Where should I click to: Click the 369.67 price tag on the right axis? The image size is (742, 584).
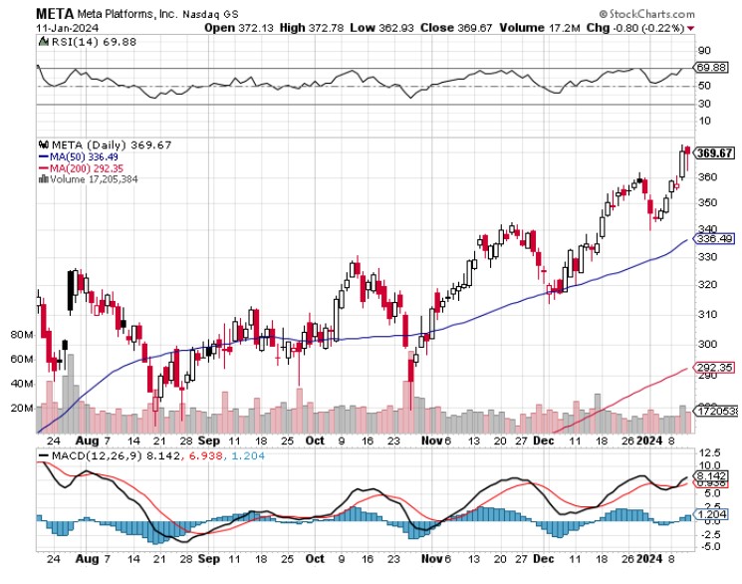pos(713,152)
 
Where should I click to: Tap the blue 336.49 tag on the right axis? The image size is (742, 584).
pos(713,239)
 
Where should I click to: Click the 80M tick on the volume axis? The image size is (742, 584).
pos(21,335)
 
